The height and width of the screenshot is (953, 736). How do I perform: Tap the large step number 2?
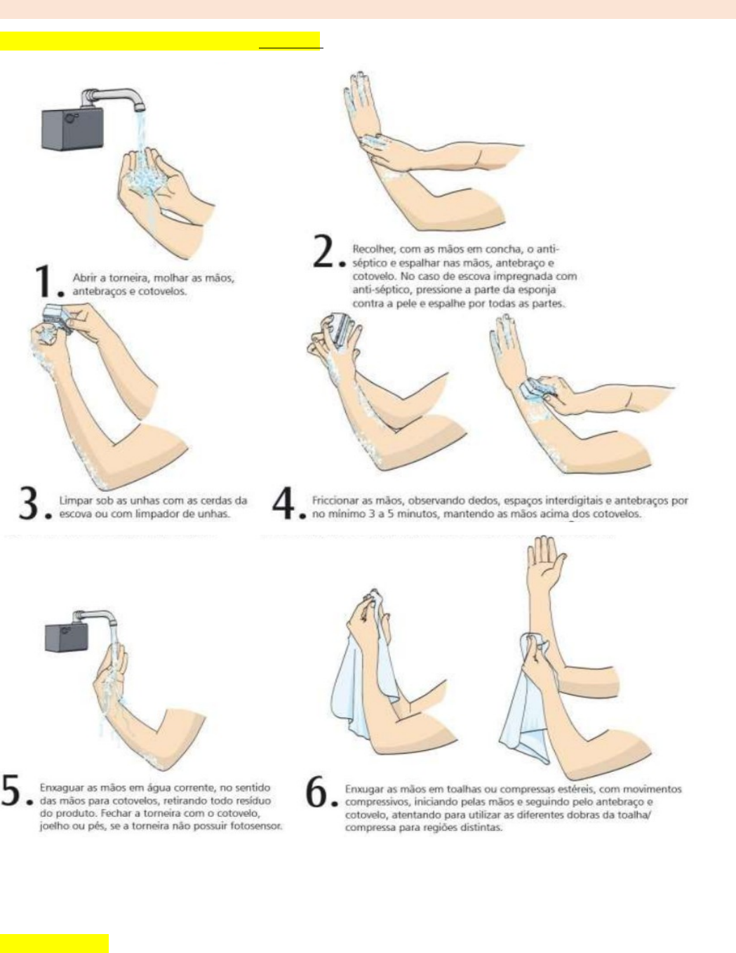pos(324,252)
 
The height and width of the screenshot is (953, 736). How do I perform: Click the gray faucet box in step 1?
pos(72,129)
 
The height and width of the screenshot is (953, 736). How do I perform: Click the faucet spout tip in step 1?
pos(140,108)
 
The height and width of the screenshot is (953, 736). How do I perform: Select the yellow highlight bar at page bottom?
pos(54,943)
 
